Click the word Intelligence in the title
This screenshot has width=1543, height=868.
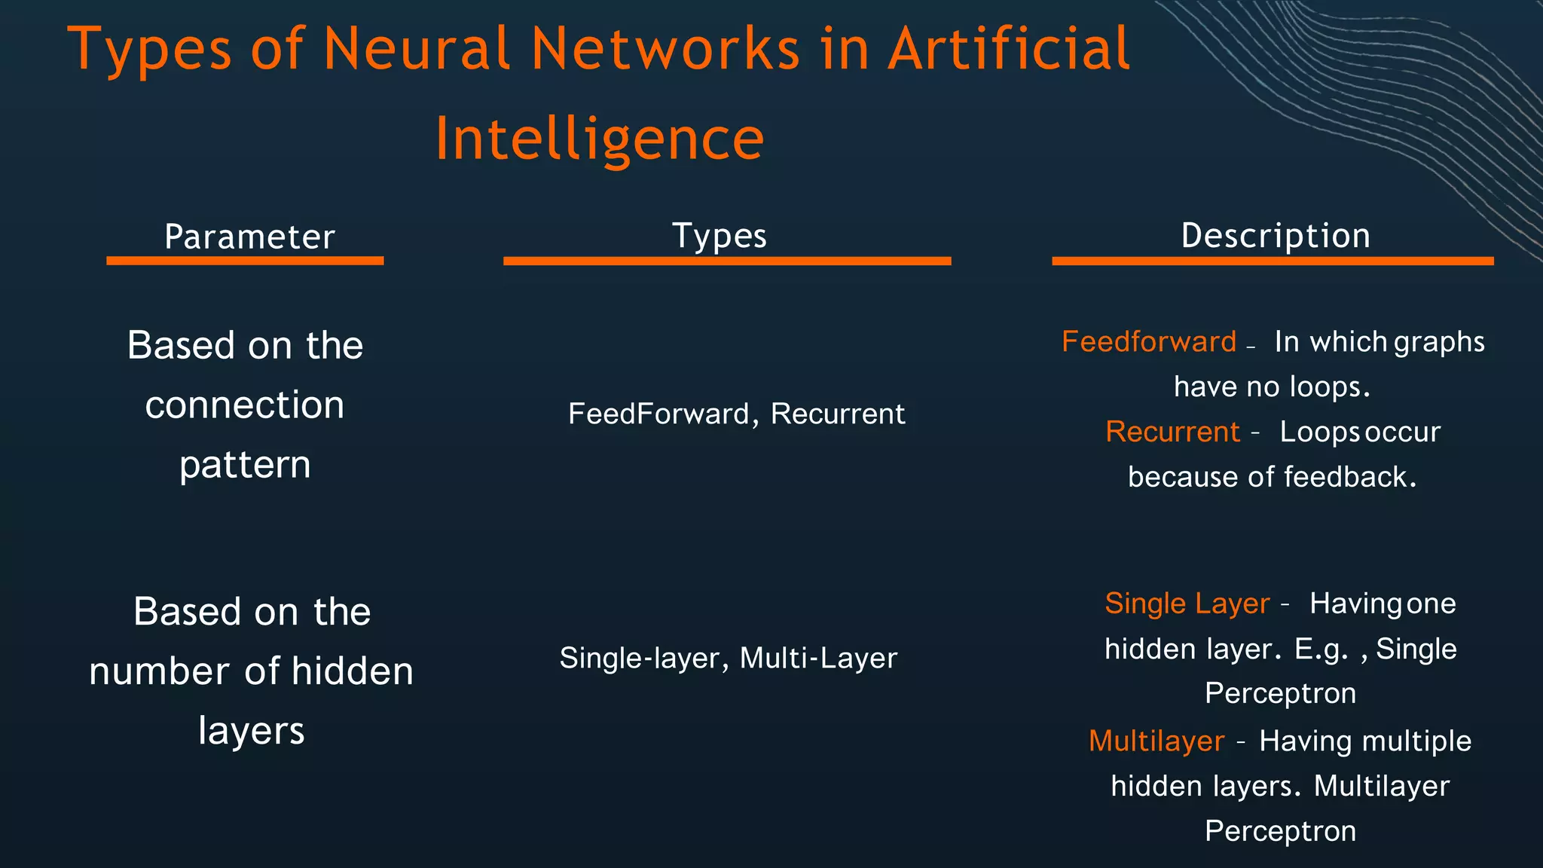coord(600,139)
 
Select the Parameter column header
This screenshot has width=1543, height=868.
coord(249,237)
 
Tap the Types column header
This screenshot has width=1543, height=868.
coord(719,237)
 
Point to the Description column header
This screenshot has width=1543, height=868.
coord(1276,236)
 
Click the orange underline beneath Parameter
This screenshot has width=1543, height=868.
coord(245,261)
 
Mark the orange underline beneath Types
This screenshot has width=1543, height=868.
coord(727,261)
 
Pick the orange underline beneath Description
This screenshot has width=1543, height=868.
coord(1273,261)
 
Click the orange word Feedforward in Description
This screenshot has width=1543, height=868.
coord(1149,342)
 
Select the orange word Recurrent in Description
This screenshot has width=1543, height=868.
coord(1172,432)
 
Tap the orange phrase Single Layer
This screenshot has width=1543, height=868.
coord(1187,604)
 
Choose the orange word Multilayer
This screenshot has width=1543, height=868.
coord(1156,741)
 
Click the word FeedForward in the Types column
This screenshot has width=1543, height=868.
coord(658,414)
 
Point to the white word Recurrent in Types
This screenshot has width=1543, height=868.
coord(838,414)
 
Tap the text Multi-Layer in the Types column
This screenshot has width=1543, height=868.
coord(818,659)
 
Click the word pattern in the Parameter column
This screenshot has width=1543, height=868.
coord(245,465)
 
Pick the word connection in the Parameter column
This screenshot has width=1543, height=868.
coord(245,405)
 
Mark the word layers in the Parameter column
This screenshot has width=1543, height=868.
coord(252,731)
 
